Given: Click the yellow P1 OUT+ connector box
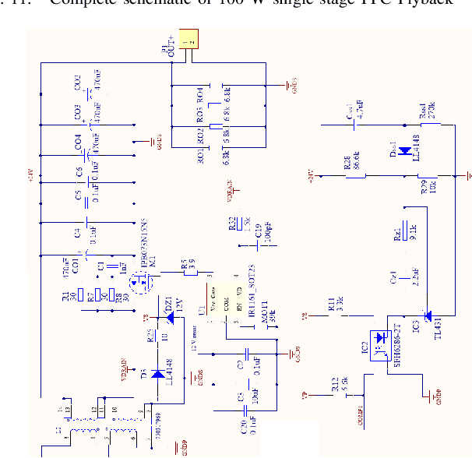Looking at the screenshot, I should click(x=188, y=40).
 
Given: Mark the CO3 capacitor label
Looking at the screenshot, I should click(x=79, y=112).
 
